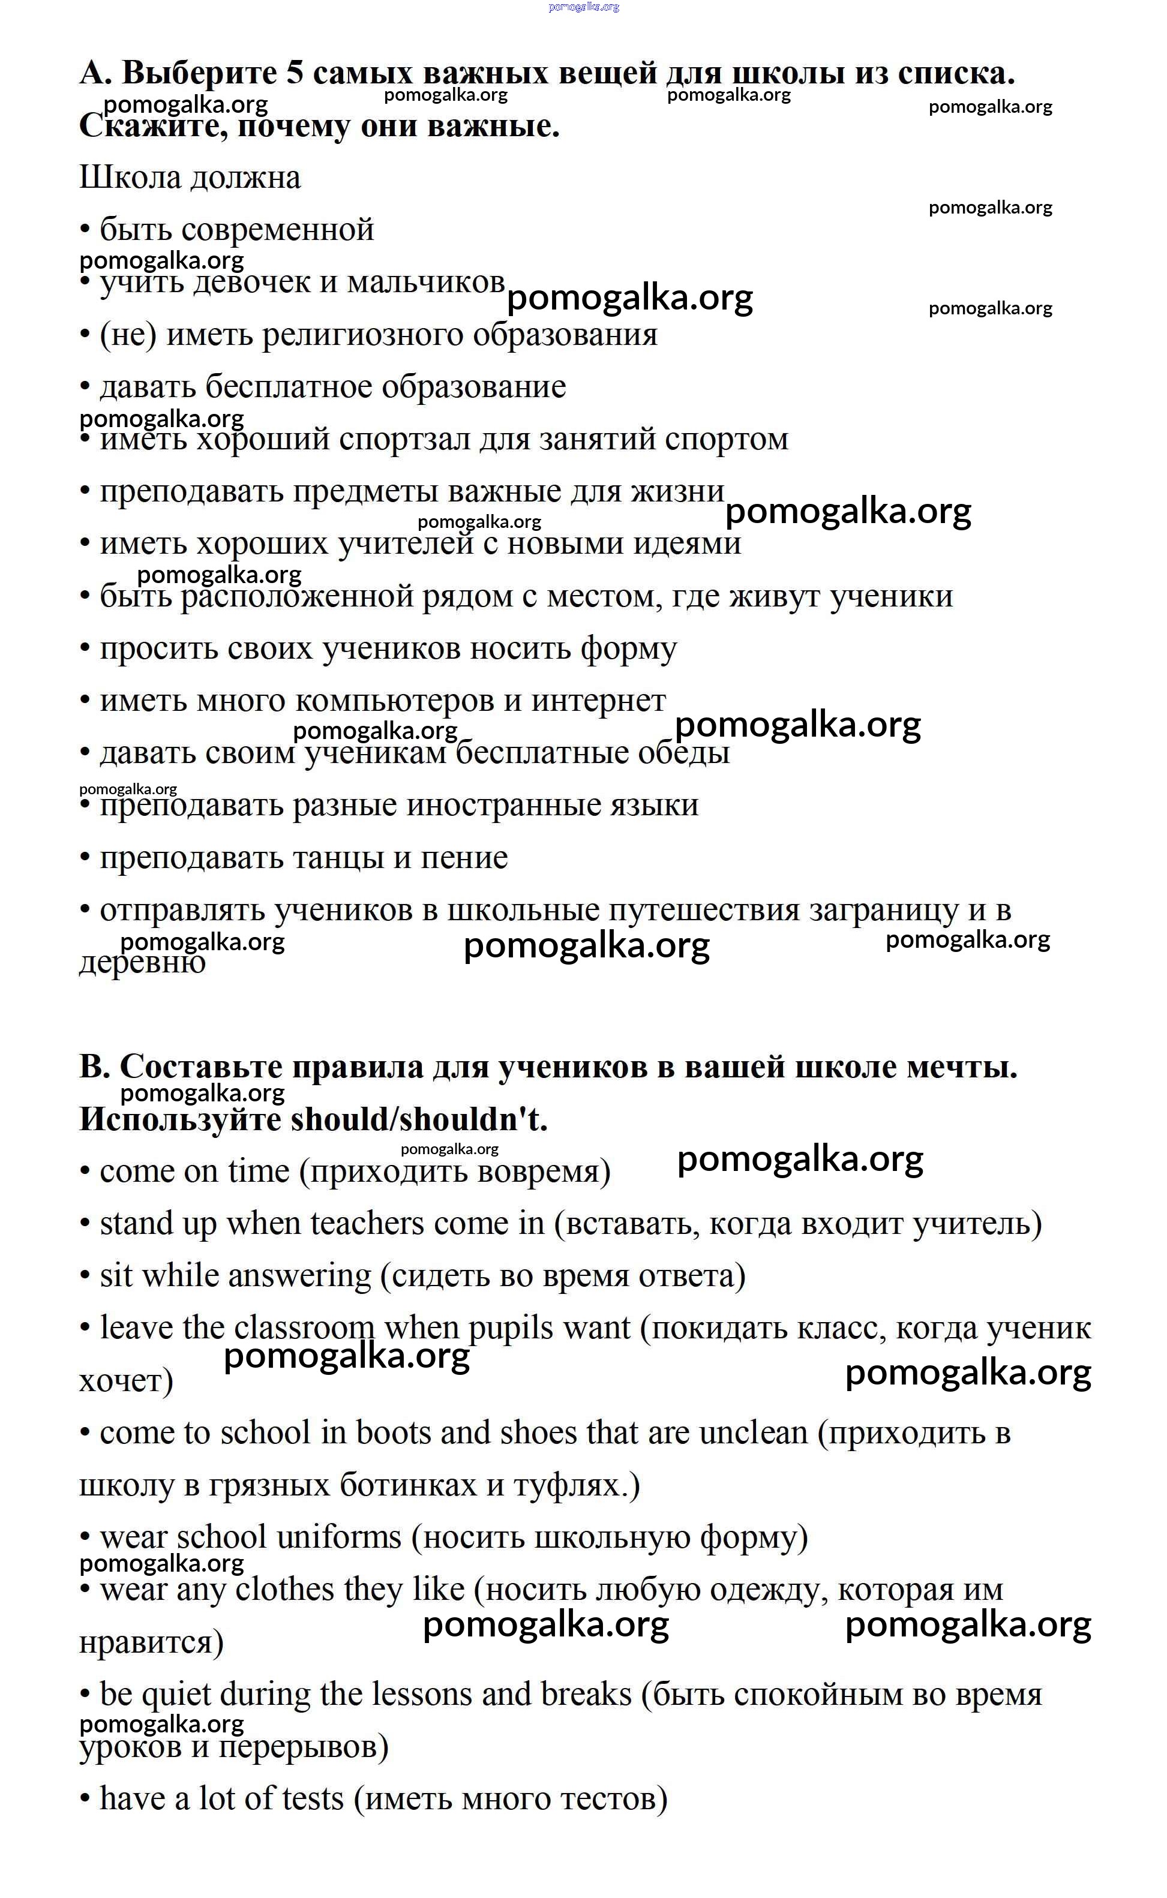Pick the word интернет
point(598,701)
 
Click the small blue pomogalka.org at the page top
point(583,7)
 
